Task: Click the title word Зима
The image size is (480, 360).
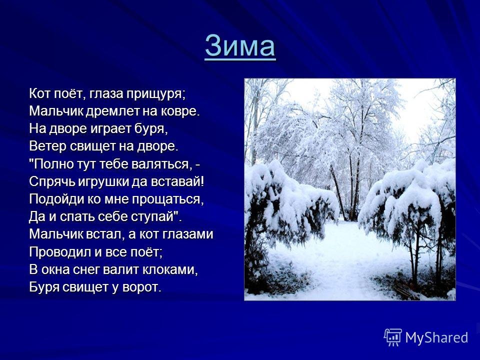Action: pos(240,46)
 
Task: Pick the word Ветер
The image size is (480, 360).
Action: pos(48,146)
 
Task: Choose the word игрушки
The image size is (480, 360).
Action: pos(103,182)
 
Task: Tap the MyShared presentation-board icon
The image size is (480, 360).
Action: pos(393,337)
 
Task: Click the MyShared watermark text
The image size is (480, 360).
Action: pos(436,337)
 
